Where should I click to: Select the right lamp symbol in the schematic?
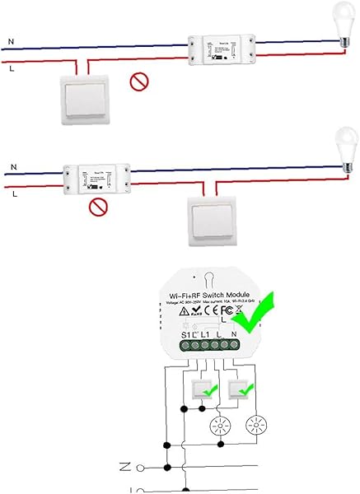point(256,426)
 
